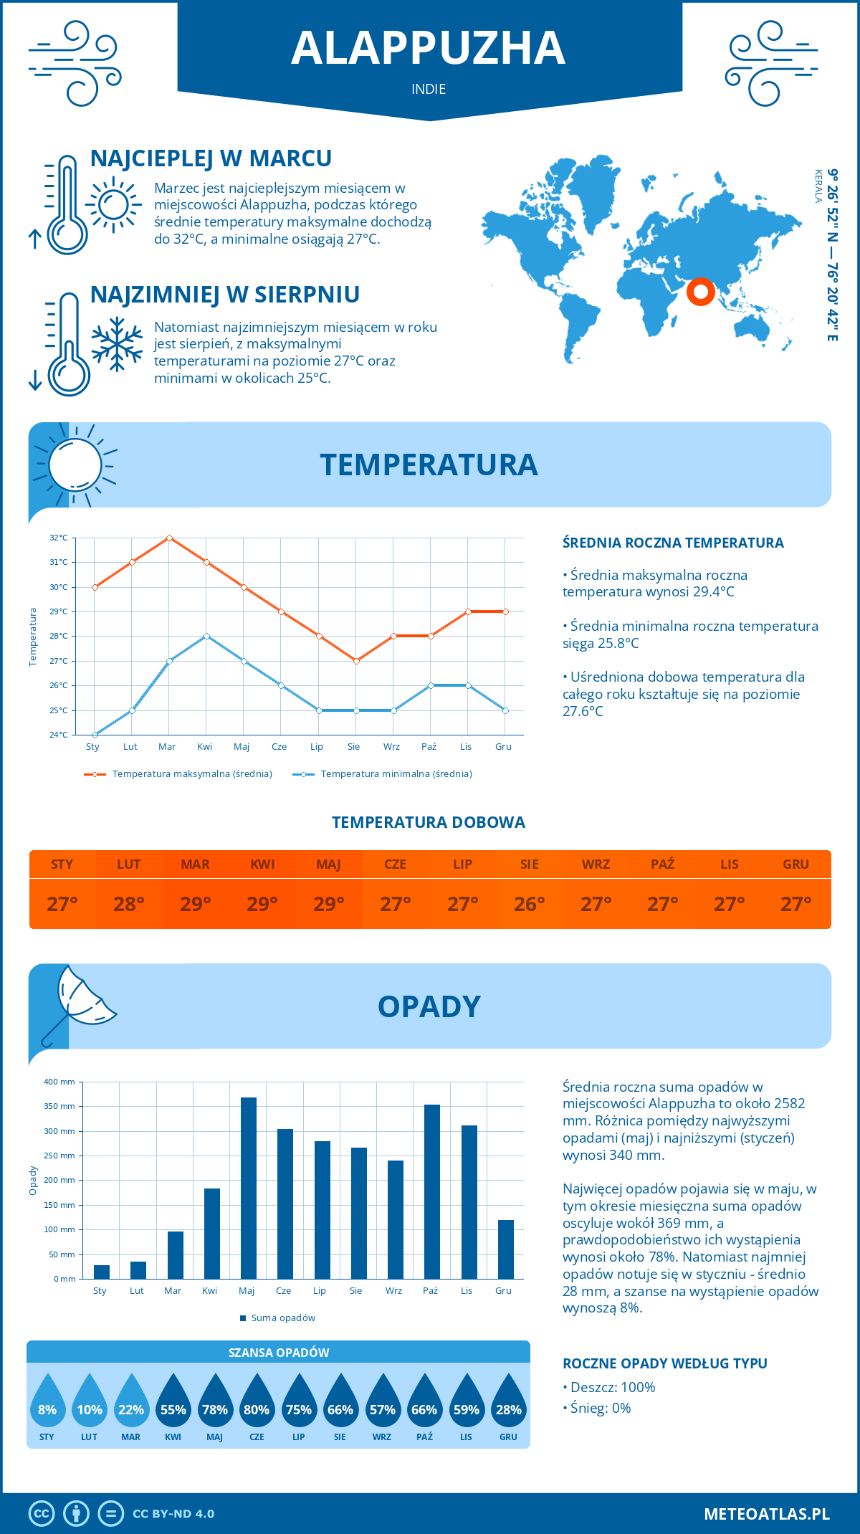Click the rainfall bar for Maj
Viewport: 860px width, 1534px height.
tap(248, 1188)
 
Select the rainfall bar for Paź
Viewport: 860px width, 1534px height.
tap(431, 1191)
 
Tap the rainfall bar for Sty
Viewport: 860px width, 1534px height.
tap(102, 1272)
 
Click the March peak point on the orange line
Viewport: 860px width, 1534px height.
tap(169, 538)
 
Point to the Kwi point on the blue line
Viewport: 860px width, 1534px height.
tap(206, 636)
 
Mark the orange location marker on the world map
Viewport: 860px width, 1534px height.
tap(700, 291)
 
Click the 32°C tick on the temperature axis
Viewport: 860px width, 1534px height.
tap(59, 538)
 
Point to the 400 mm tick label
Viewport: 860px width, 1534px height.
tap(59, 1082)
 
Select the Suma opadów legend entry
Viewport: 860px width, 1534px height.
tap(282, 1318)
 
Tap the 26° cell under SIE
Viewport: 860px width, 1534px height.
tap(529, 904)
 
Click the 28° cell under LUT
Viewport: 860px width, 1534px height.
tap(129, 904)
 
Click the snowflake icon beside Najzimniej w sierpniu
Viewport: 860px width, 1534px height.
tap(117, 344)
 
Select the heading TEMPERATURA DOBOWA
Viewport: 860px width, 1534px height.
tap(429, 822)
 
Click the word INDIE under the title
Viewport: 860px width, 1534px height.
tap(429, 89)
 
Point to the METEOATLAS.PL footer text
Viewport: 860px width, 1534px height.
tap(767, 1513)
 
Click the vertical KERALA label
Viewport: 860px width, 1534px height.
tap(818, 186)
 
